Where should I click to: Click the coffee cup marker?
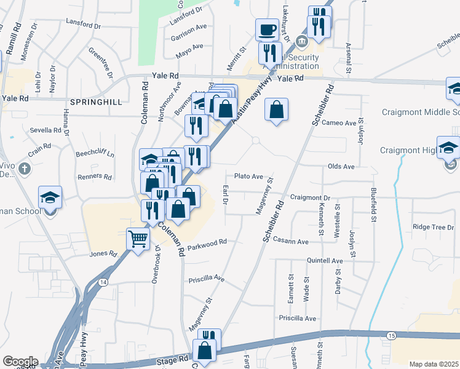(268, 29)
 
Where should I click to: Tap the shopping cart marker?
(138, 238)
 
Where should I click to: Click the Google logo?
(20, 362)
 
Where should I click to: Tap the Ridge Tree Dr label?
(433, 227)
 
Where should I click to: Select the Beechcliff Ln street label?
(95, 154)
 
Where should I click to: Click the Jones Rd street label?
(103, 253)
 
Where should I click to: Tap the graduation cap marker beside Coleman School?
(50, 198)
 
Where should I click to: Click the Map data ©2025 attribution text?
(434, 364)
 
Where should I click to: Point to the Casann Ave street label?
(290, 242)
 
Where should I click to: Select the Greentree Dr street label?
(101, 63)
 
